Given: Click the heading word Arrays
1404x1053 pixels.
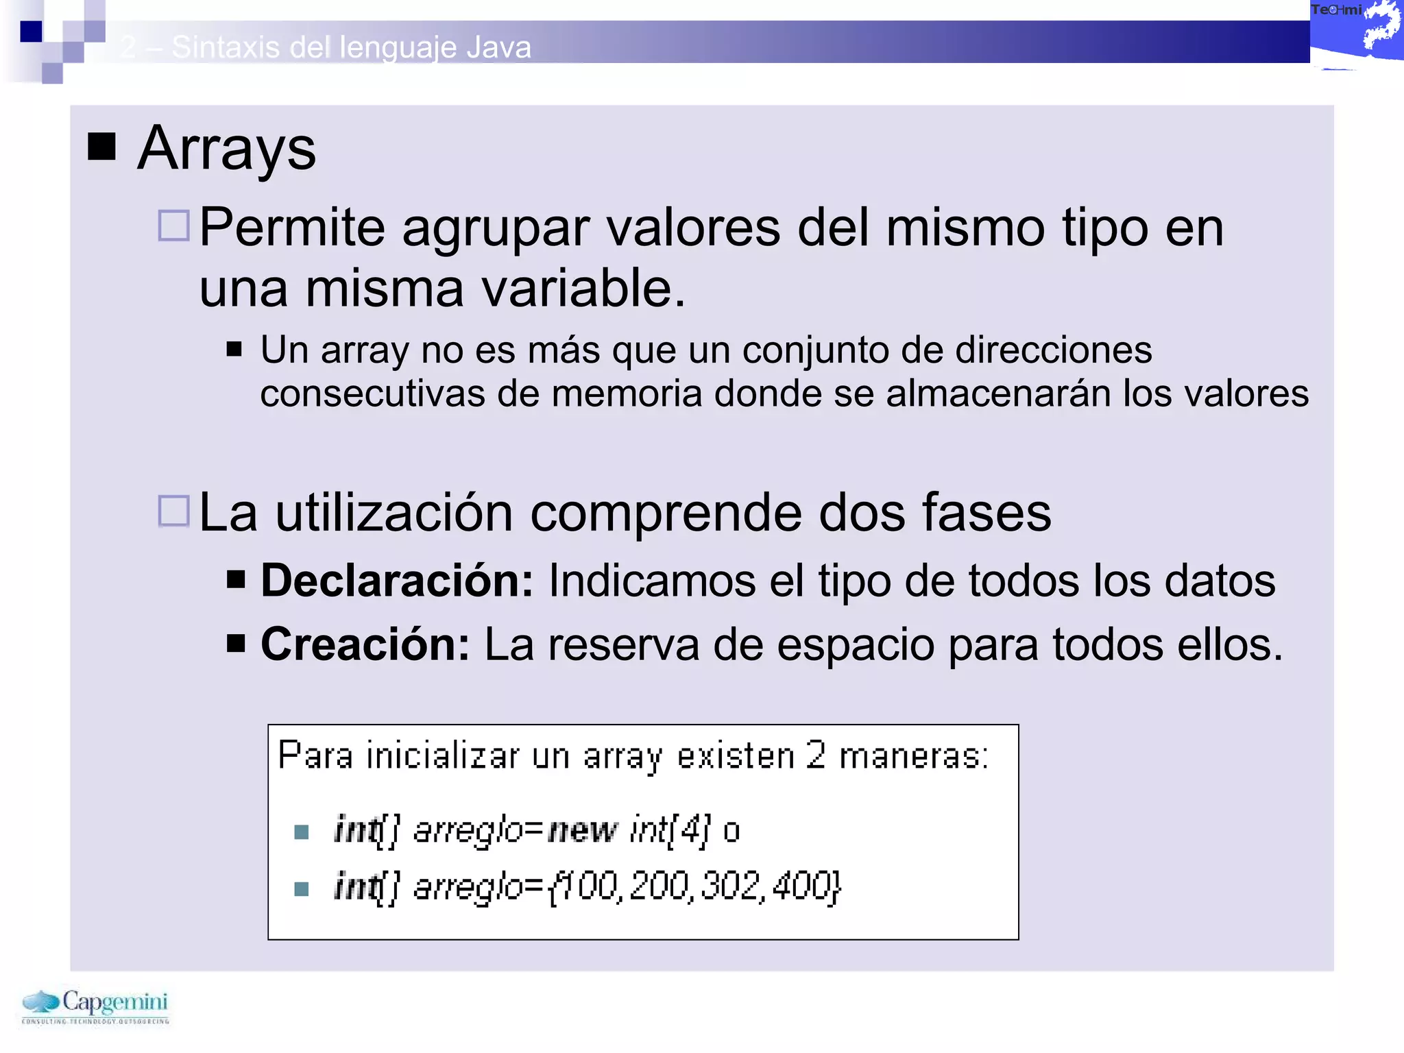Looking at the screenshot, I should pyautogui.click(x=226, y=149).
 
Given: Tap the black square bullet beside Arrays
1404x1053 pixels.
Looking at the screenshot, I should pyautogui.click(x=102, y=145).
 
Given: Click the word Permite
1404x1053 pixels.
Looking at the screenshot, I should pyautogui.click(x=291, y=228).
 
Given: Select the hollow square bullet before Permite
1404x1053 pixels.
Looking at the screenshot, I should pyautogui.click(x=173, y=225).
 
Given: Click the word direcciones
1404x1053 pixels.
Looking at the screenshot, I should pyautogui.click(x=1053, y=350).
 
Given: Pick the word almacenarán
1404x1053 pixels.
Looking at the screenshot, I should pyautogui.click(x=998, y=394).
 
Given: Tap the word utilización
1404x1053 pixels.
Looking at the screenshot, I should pyautogui.click(x=394, y=513).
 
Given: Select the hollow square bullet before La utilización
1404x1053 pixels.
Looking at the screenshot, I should pyautogui.click(x=173, y=511).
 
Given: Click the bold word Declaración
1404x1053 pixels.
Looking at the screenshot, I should pyautogui.click(x=397, y=581).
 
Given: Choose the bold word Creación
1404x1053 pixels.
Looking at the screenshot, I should pyautogui.click(x=365, y=644).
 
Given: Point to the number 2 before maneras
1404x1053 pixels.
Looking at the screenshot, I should pyautogui.click(x=815, y=755).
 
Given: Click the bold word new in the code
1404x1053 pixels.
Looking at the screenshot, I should pyautogui.click(x=583, y=830).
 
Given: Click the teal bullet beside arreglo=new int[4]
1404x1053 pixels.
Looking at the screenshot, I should pyautogui.click(x=301, y=832).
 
